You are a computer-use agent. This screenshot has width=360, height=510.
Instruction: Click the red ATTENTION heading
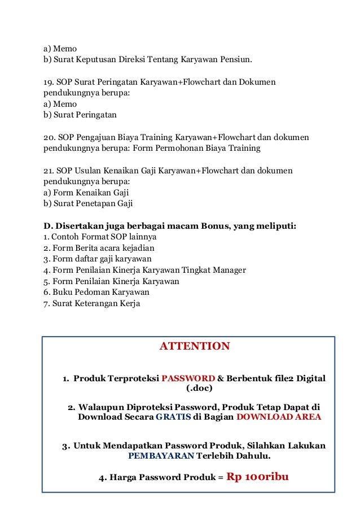(x=195, y=346)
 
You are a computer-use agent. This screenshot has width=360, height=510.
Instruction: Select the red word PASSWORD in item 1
(x=188, y=378)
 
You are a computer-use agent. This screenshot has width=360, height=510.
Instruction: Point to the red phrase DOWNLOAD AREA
(x=279, y=417)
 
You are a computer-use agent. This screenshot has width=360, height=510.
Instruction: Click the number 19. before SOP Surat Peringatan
(x=49, y=82)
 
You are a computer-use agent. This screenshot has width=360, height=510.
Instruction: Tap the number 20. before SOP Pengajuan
(x=50, y=137)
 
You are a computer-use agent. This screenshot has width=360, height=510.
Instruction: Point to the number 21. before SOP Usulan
(x=49, y=171)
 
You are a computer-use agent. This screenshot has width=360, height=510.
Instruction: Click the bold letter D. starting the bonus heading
(x=48, y=226)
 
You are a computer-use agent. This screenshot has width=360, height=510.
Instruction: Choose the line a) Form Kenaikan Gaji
(x=86, y=193)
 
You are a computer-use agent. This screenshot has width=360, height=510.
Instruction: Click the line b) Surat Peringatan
(x=80, y=115)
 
